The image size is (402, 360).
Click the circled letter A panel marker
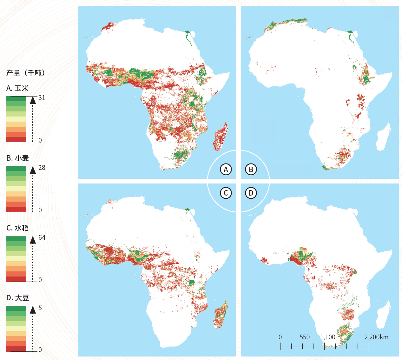[x=226, y=169]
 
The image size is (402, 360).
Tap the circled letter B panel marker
[x=251, y=169]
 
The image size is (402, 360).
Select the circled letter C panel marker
[x=226, y=193]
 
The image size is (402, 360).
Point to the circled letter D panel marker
[x=251, y=193]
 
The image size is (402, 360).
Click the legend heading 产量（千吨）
[x=26, y=73]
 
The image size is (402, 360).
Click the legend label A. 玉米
[x=17, y=88]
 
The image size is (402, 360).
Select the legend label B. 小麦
[x=17, y=158]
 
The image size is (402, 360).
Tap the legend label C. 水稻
[x=17, y=228]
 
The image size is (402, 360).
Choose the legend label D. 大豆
[x=17, y=298]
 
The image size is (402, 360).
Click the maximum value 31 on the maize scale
[x=42, y=98]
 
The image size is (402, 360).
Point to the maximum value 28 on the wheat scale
[x=42, y=168]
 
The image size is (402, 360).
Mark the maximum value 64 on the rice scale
[x=42, y=237]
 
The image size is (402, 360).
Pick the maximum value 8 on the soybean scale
[x=40, y=307]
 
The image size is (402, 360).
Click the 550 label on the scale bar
[x=305, y=337]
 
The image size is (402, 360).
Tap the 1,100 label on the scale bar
[x=327, y=337]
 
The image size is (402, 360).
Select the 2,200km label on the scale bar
[x=376, y=337]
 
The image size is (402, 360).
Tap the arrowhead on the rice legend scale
[x=33, y=240]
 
